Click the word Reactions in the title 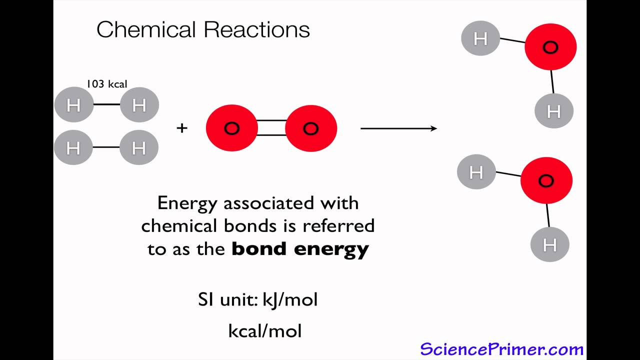[x=256, y=29]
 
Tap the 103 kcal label [x=106, y=84]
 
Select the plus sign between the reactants [x=182, y=128]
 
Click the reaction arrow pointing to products [x=398, y=128]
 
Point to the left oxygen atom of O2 [x=231, y=128]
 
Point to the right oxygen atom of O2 [x=311, y=128]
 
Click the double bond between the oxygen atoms [x=271, y=128]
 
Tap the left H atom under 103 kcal [x=73, y=105]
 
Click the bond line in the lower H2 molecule [x=106, y=147]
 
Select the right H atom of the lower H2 [x=139, y=147]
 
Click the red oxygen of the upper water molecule [x=550, y=47]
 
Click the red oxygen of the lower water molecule [x=546, y=180]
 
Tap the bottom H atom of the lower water [x=550, y=244]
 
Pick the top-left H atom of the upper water [x=480, y=38]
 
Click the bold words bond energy [x=300, y=248]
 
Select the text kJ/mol [x=290, y=299]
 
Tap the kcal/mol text [x=265, y=330]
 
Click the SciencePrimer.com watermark [x=501, y=348]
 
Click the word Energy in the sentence [x=187, y=203]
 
